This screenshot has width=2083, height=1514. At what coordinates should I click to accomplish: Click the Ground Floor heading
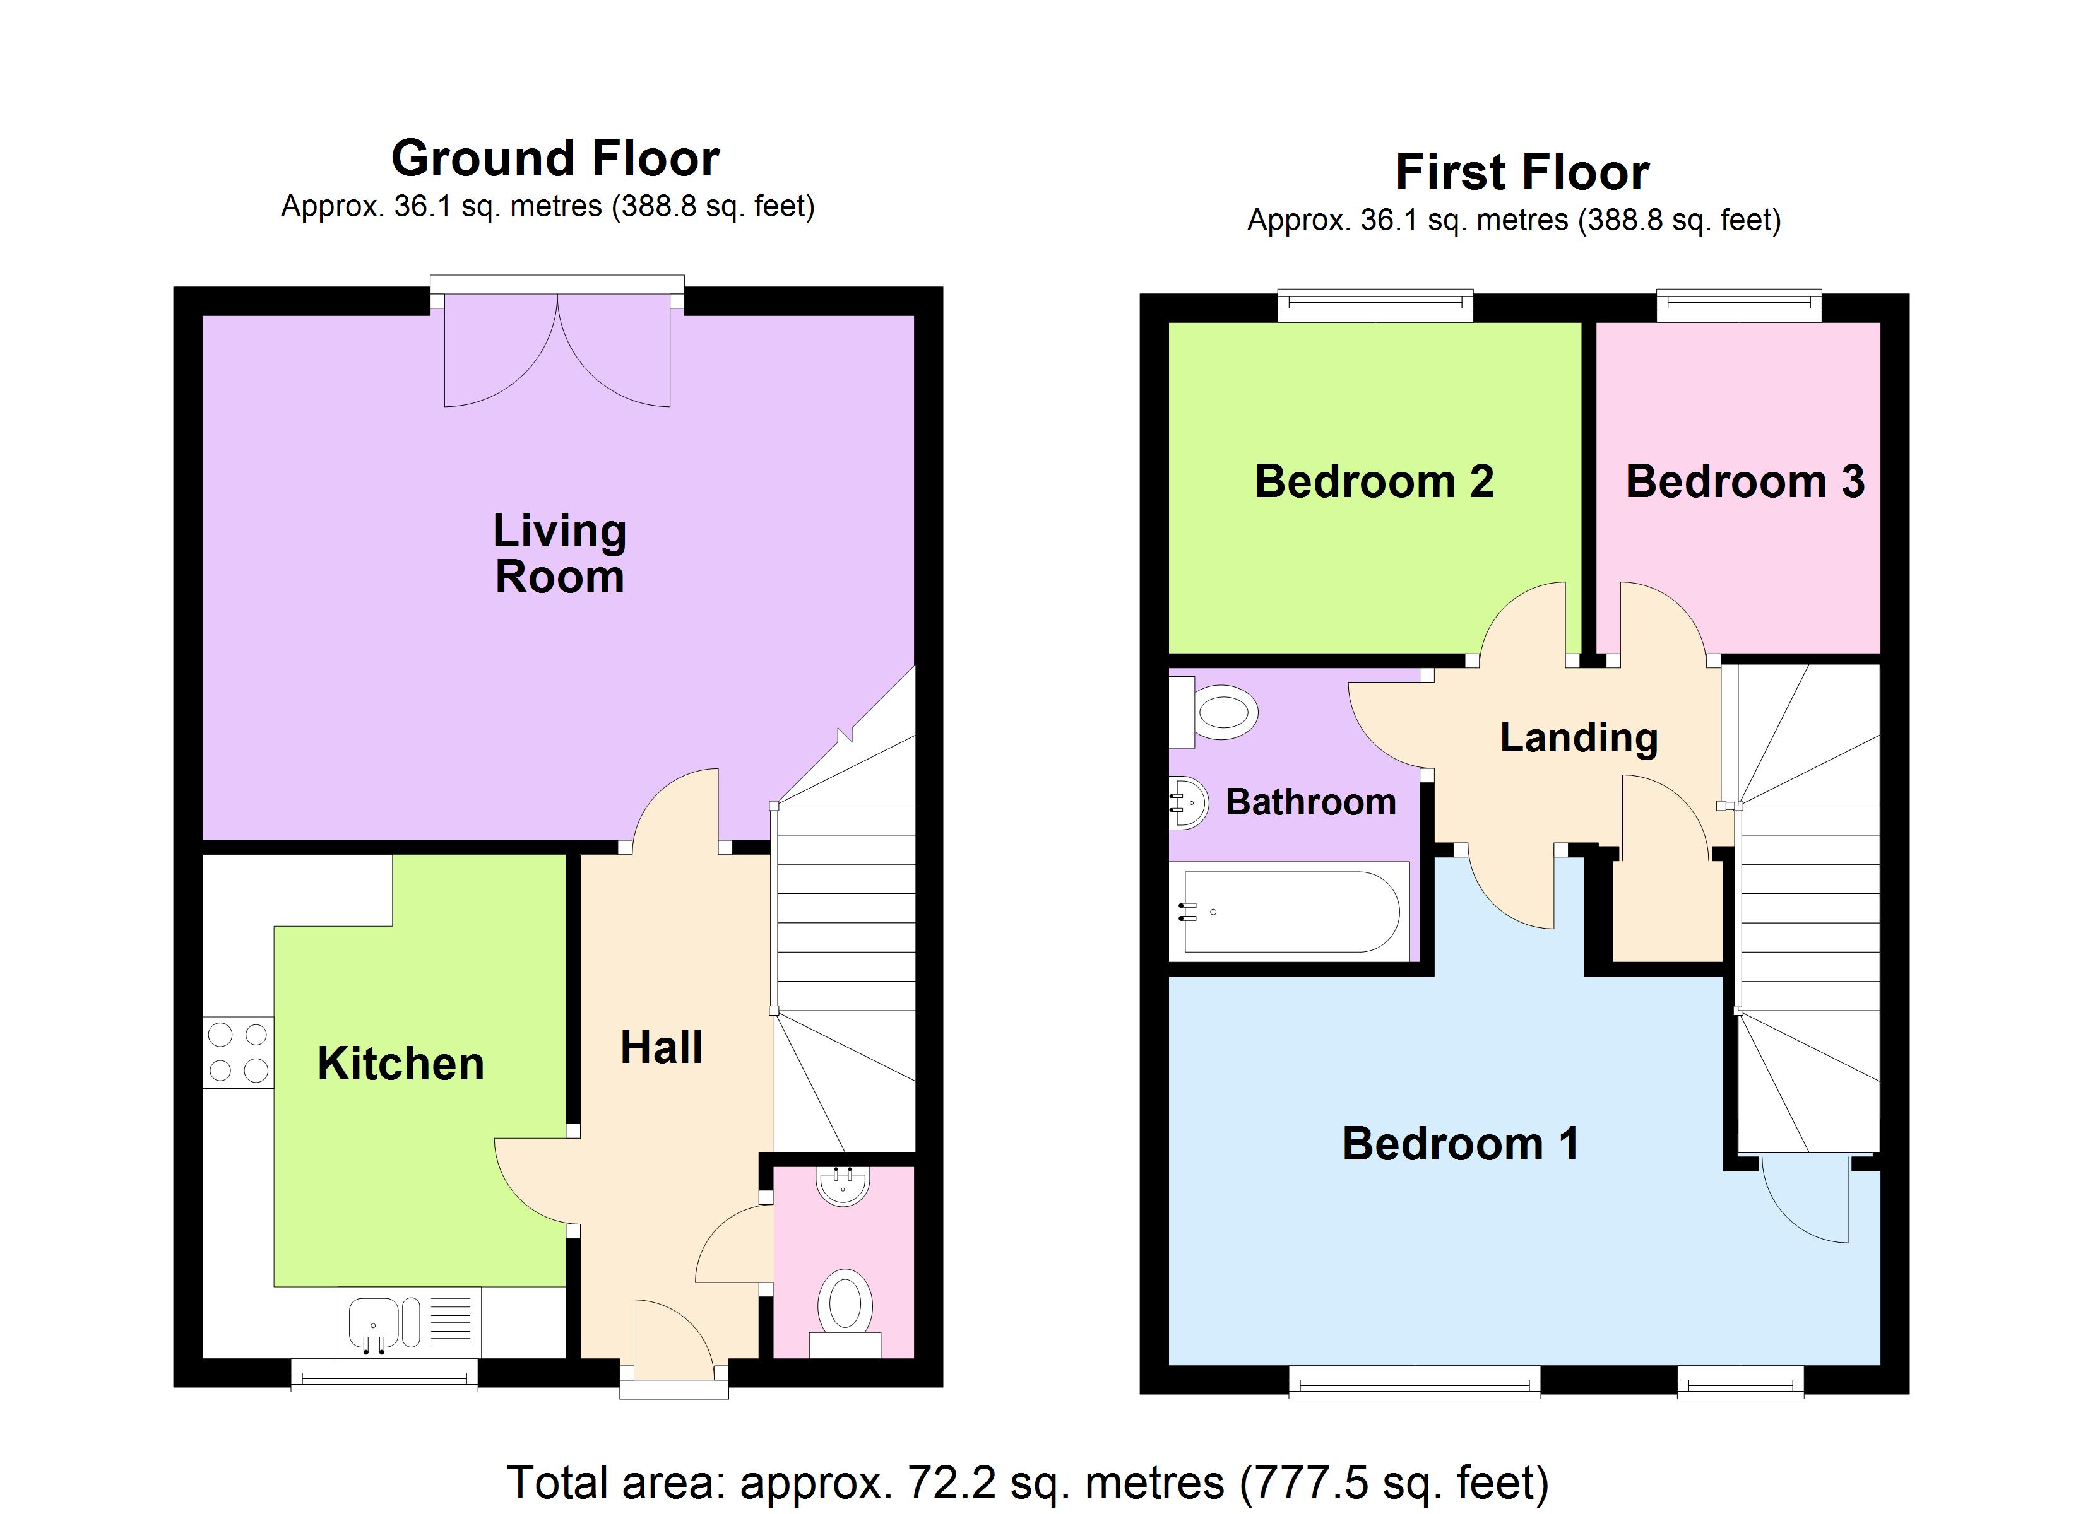555,159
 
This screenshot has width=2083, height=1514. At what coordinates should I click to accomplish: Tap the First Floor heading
1522,173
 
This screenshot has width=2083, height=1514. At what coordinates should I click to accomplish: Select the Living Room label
559,554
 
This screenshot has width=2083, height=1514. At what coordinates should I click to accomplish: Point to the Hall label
662,1048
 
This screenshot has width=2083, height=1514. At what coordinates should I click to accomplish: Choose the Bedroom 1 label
1460,1144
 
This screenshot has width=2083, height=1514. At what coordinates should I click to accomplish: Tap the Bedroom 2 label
1374,482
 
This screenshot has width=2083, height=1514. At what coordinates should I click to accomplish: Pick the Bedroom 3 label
1744,482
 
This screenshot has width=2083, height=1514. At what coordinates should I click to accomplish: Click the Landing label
1579,737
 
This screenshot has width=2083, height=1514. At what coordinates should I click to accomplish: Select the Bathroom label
1310,802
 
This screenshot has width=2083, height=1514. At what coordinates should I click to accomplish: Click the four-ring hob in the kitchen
238,1052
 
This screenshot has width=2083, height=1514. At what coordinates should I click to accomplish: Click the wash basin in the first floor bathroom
1187,803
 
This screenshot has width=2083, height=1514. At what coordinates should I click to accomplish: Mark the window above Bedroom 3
1738,306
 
